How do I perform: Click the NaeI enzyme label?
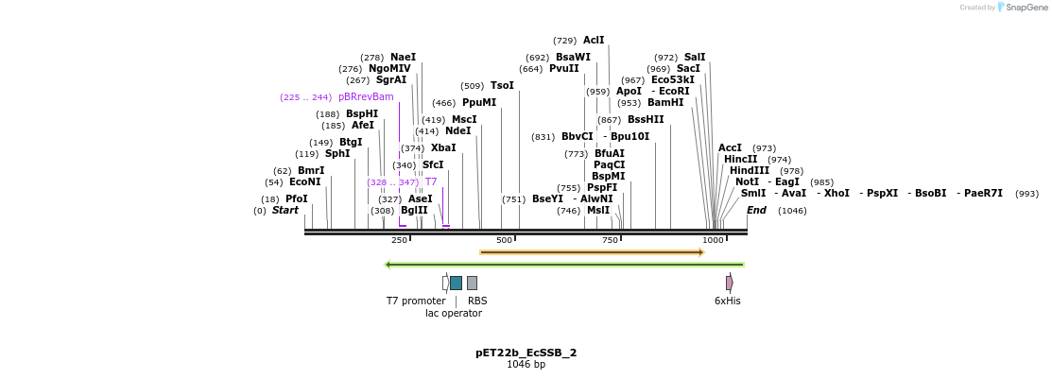point(403,58)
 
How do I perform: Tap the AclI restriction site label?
point(594,41)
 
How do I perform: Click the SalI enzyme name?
point(695,58)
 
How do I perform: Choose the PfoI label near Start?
point(297,199)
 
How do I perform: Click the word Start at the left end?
point(285,211)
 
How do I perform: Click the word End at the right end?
point(756,211)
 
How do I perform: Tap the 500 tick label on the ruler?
point(505,240)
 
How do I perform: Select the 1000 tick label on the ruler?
point(713,240)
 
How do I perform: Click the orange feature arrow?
point(592,252)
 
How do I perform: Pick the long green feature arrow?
point(564,265)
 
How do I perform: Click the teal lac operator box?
point(457,283)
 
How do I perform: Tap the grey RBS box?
point(472,283)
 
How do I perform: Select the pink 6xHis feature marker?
point(729,283)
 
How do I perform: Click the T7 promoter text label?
point(416,301)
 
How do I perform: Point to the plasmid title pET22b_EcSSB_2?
point(526,353)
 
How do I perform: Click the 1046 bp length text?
point(526,365)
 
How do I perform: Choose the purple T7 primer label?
point(431,181)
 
